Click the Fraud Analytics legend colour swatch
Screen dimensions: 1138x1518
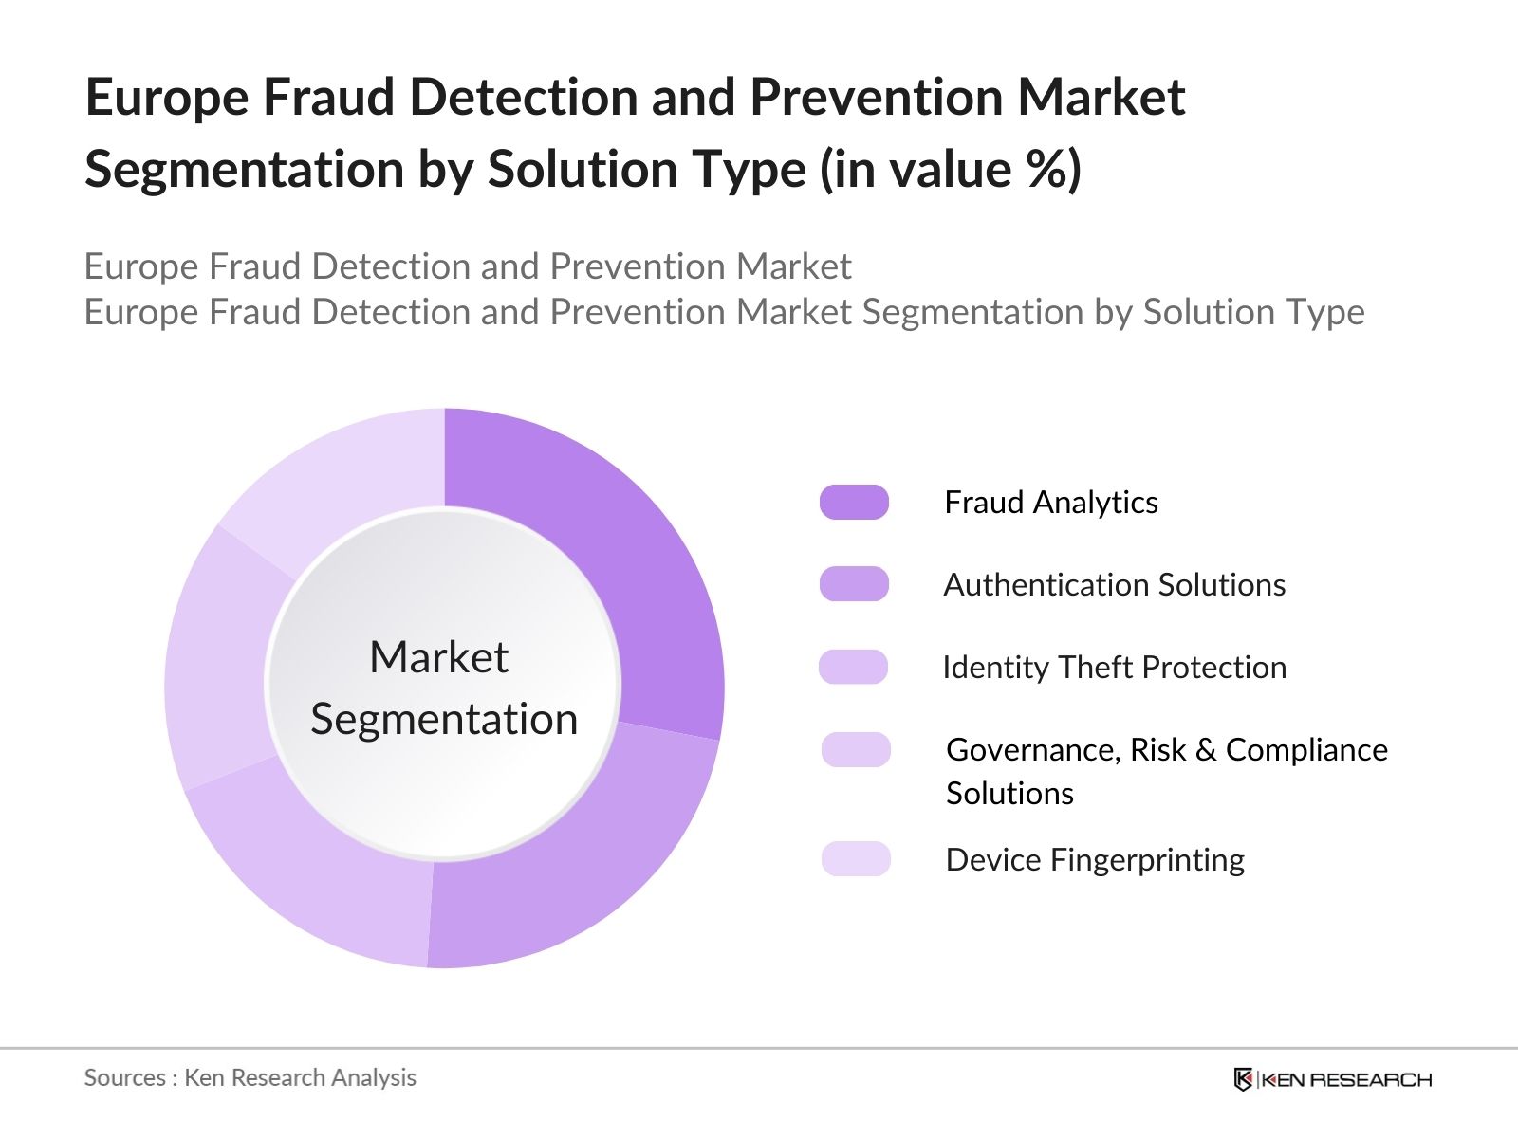[854, 502]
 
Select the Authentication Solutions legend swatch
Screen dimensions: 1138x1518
[854, 584]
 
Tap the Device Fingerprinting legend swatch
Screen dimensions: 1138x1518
[856, 859]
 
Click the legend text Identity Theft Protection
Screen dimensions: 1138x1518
[1114, 668]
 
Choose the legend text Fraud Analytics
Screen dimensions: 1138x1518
[1050, 503]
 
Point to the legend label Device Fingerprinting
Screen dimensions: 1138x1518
[1095, 860]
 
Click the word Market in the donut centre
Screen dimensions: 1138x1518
[438, 657]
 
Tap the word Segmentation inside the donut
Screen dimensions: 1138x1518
[444, 719]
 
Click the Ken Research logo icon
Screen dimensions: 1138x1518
[1242, 1079]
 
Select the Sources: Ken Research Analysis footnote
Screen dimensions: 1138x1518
[250, 1077]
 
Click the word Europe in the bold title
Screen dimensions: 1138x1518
[167, 98]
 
